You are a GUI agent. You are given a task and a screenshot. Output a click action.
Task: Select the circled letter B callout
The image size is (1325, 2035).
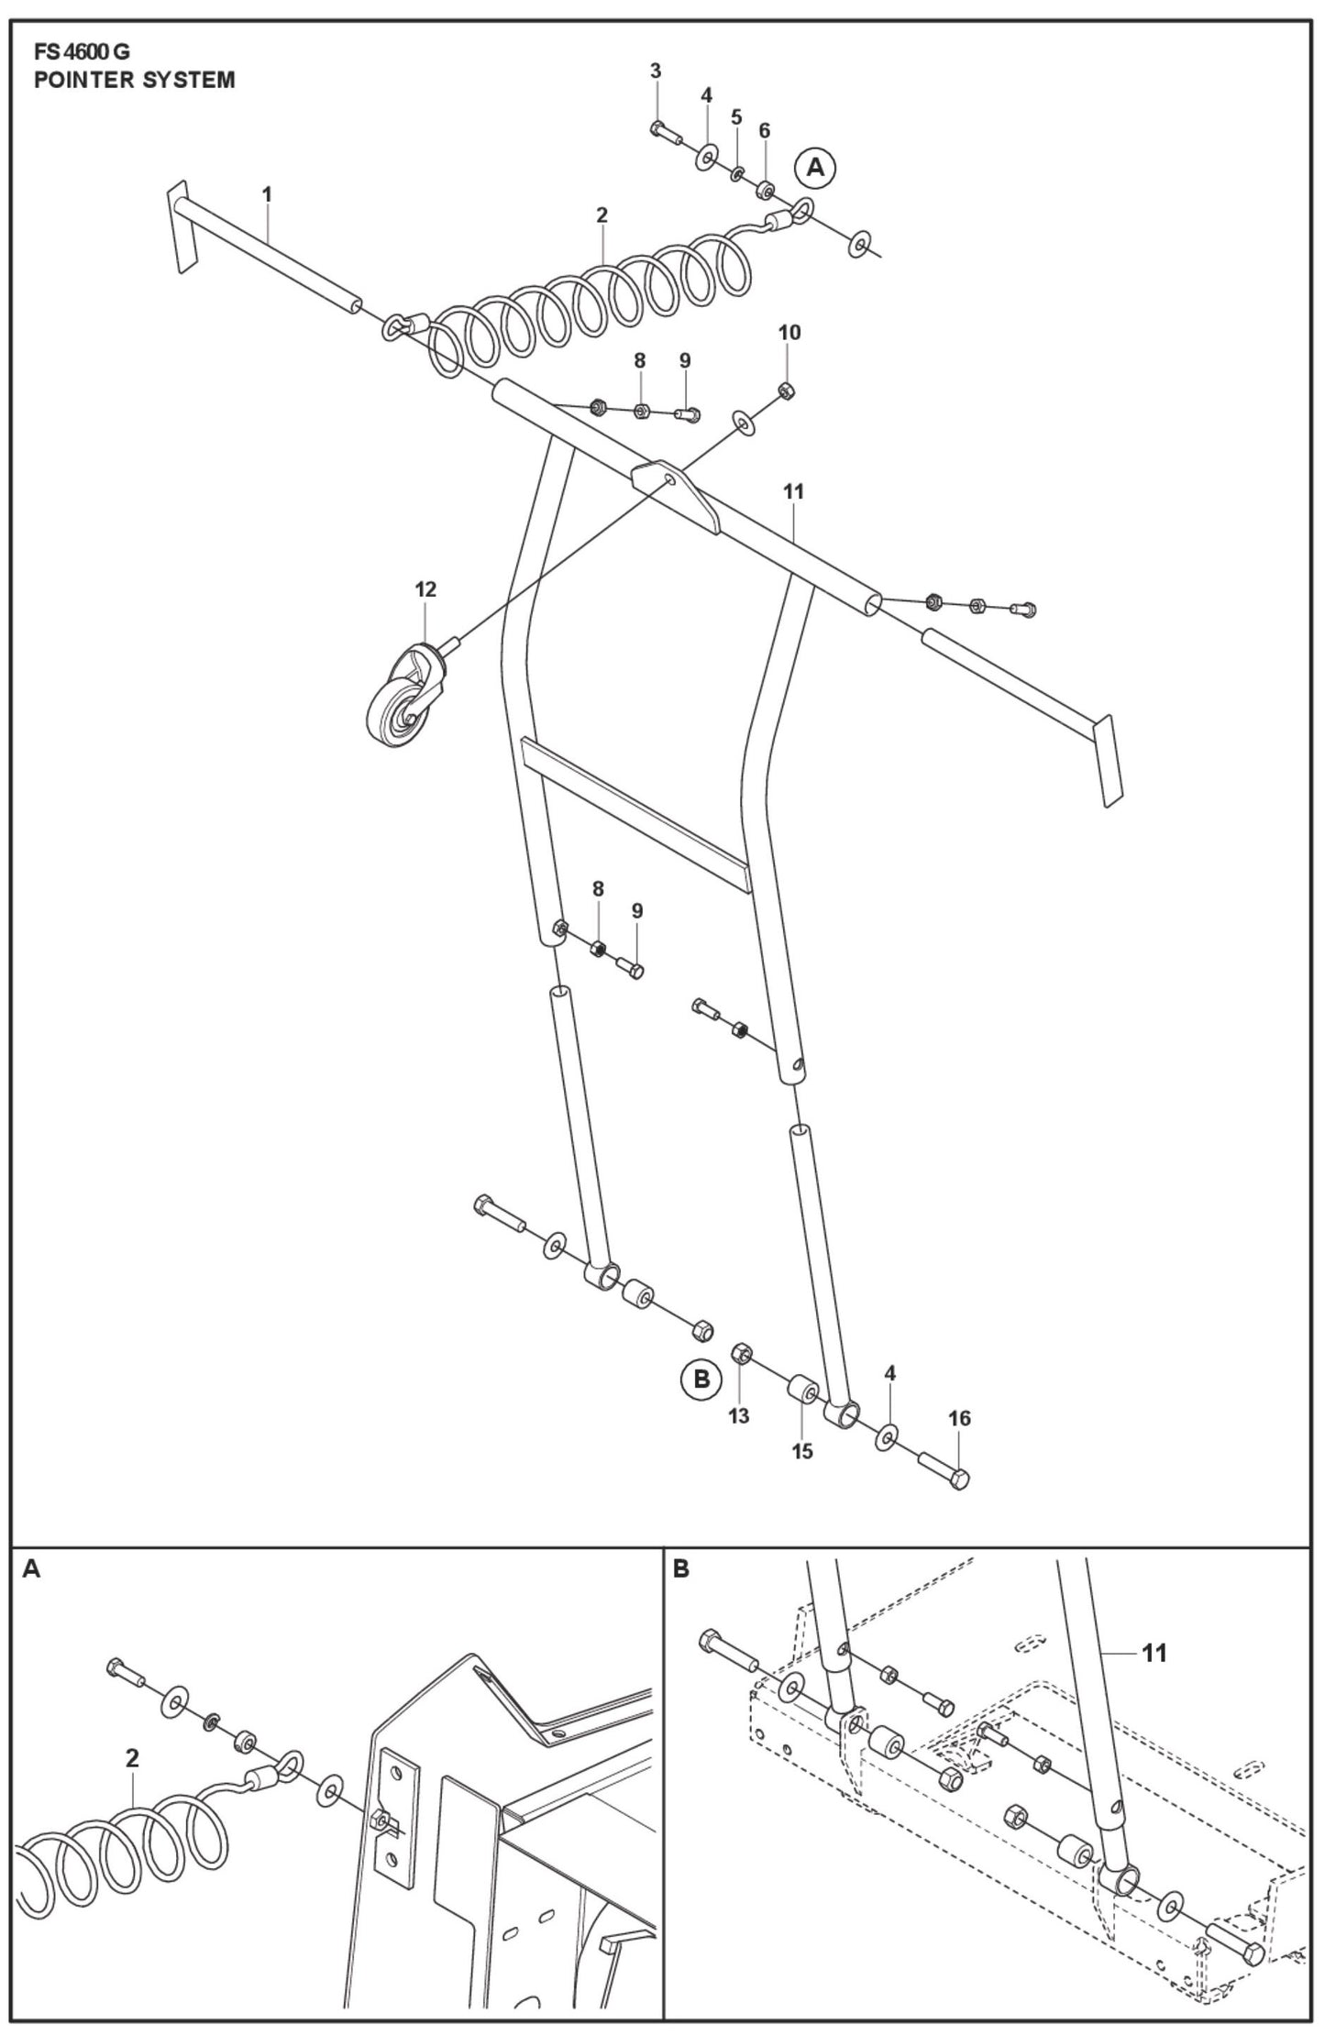[x=702, y=1405]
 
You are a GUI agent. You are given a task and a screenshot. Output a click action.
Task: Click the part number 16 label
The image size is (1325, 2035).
[x=959, y=1418]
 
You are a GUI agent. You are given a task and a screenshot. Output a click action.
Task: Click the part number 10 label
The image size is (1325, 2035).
[x=789, y=332]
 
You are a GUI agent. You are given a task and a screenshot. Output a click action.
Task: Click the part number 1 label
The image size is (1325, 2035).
[x=267, y=194]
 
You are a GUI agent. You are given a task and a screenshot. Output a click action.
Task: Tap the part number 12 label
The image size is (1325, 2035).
[x=425, y=589]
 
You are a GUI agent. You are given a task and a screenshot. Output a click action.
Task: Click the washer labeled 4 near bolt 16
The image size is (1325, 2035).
[x=888, y=1437]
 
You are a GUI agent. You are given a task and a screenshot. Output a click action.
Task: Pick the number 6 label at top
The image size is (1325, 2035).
[x=765, y=131]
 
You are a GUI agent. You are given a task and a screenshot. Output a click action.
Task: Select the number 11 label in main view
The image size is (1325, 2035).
[x=793, y=491]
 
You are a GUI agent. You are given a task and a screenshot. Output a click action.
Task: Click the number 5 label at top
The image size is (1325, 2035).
[x=736, y=116]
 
